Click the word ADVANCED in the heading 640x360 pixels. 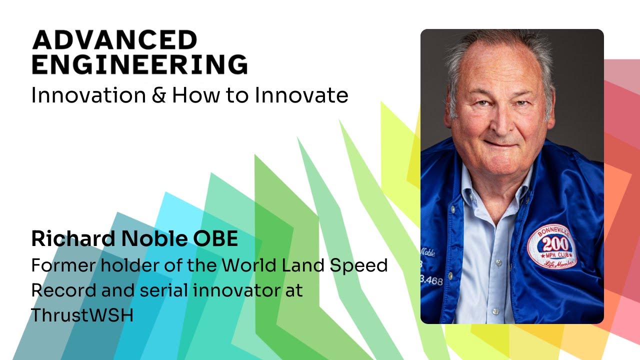tap(114, 39)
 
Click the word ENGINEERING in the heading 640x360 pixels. tap(139, 65)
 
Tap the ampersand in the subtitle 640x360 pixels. tap(158, 94)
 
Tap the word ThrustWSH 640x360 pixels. tap(82, 315)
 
